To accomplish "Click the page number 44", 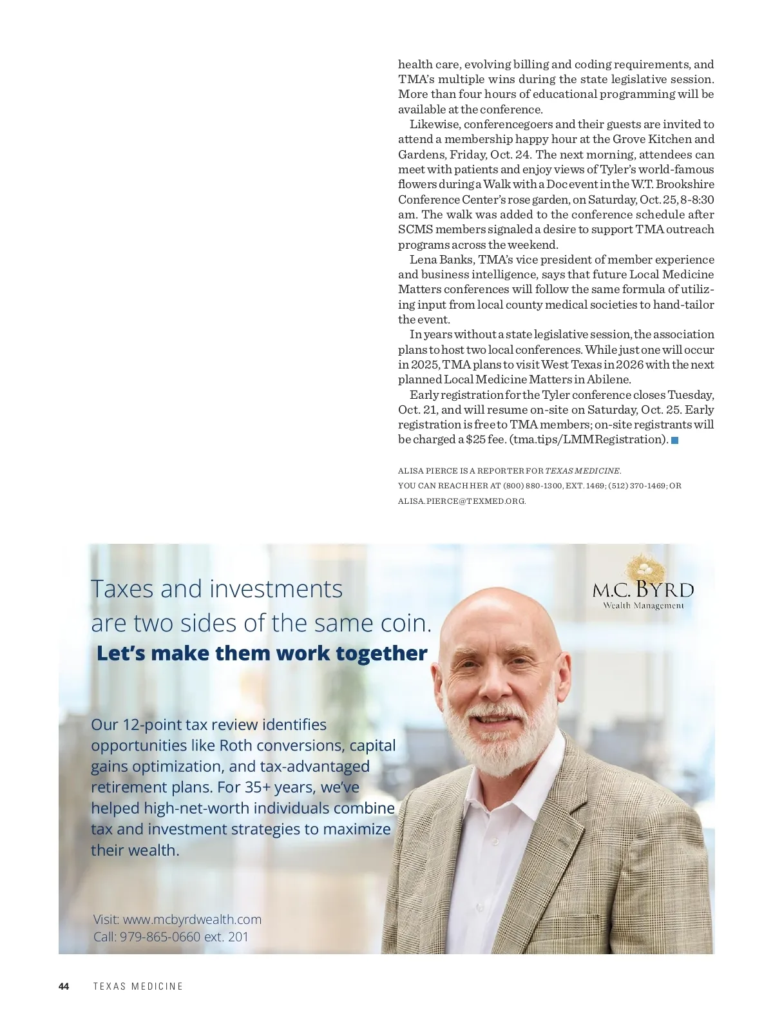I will [x=64, y=986].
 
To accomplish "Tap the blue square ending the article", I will [x=675, y=440].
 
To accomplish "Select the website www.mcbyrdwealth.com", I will [x=192, y=919].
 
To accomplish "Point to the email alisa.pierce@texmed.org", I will [x=462, y=501].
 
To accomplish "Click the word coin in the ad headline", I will [x=403, y=623].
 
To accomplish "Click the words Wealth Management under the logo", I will [x=643, y=606].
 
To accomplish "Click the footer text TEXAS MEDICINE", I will [x=138, y=986].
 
